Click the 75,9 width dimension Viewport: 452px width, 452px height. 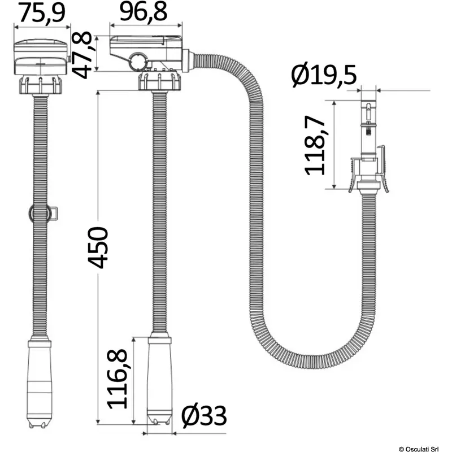(x=41, y=12)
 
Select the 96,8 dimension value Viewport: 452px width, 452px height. (x=145, y=12)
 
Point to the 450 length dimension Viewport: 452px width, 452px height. (x=98, y=247)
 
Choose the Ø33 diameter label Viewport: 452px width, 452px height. (x=204, y=417)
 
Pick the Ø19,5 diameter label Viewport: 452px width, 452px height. (x=324, y=75)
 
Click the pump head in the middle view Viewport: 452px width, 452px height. (x=146, y=54)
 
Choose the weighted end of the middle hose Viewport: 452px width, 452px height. (x=159, y=379)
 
